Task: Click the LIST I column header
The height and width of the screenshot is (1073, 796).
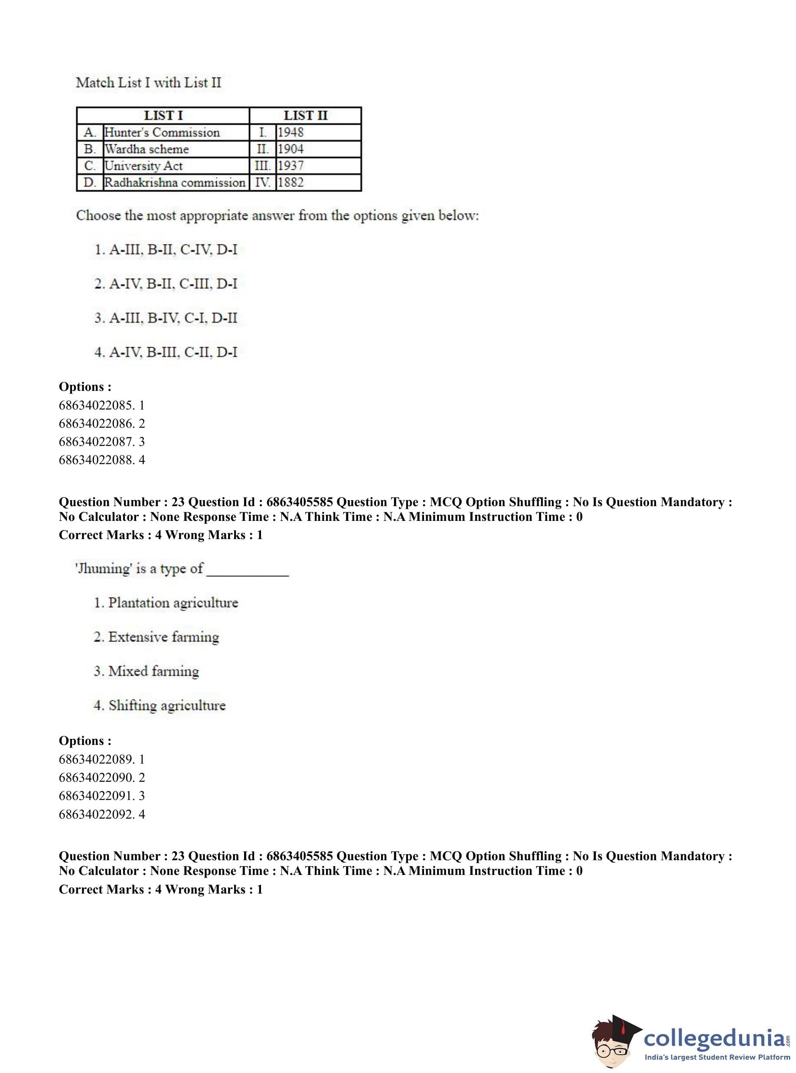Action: pos(163,116)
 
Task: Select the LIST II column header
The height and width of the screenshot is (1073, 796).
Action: pos(305,116)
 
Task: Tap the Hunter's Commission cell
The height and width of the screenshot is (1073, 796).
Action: pos(162,133)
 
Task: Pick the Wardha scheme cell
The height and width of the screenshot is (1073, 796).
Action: pos(147,150)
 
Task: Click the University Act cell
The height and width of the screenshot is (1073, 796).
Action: pos(144,166)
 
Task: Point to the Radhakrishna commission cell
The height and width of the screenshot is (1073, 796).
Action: pos(175,182)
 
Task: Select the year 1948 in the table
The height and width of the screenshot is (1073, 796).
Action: pos(290,133)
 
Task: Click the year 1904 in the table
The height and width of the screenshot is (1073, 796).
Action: pos(290,150)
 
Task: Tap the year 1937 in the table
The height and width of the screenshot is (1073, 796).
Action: pos(290,166)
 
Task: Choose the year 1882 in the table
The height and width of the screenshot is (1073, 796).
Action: pos(290,182)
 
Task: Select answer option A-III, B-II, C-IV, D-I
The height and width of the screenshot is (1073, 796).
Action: pos(166,250)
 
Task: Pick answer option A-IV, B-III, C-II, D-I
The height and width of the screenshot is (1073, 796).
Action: pos(166,352)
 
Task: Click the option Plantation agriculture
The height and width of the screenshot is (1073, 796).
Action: pos(166,603)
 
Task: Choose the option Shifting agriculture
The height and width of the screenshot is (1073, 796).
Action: pos(160,706)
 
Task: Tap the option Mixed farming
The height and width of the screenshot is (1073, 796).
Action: pos(146,671)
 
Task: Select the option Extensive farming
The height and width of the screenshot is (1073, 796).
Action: pos(156,637)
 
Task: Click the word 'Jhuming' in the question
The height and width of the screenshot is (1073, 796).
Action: pos(103,569)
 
